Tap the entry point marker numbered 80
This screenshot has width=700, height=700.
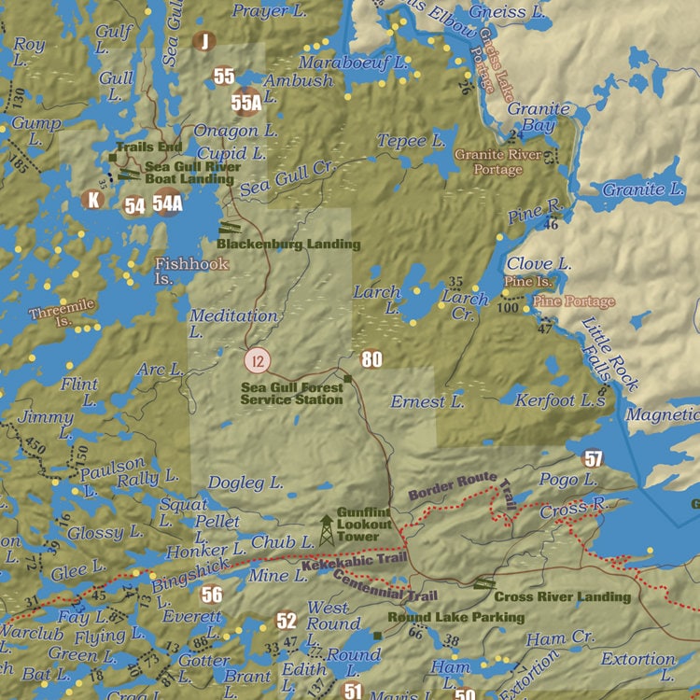(x=371, y=359)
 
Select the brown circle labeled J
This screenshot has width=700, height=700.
(x=203, y=41)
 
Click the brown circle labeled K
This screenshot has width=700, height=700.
(x=91, y=199)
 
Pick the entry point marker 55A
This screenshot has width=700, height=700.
(x=246, y=102)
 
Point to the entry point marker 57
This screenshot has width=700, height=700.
(x=594, y=458)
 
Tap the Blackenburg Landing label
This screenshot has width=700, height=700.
(x=288, y=245)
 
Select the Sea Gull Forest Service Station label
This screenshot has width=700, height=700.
(x=291, y=393)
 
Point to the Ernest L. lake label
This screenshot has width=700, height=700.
(x=427, y=402)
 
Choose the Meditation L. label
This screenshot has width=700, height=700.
(x=233, y=323)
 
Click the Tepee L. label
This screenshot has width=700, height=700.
(x=411, y=141)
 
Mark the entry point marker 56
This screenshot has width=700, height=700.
(x=212, y=595)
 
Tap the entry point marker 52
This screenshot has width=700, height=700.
(x=286, y=621)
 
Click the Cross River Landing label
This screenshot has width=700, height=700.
(x=562, y=596)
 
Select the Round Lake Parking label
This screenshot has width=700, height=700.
(x=455, y=618)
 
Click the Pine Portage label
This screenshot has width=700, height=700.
(x=574, y=301)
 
